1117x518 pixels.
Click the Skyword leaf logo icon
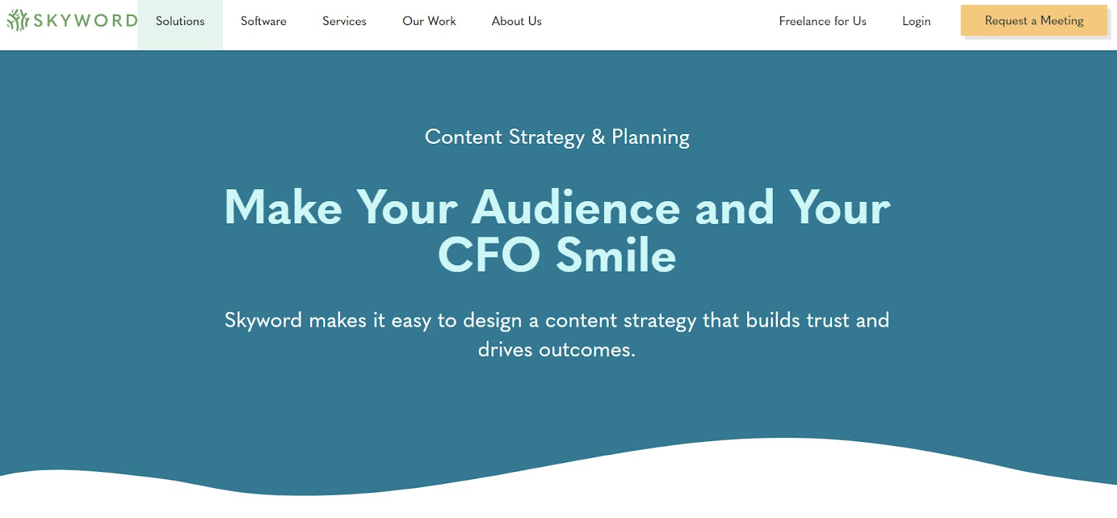18,20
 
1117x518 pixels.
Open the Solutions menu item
180,21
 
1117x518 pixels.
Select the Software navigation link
263,21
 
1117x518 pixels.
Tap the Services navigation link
344,21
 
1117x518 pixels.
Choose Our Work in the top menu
429,21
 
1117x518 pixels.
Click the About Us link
517,21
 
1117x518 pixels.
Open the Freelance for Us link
822,21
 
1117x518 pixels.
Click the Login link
916,22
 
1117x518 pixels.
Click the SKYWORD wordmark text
85,20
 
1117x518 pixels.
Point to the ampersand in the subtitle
598,137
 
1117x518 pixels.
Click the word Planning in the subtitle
650,138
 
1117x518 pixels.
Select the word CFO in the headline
489,254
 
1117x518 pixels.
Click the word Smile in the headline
616,254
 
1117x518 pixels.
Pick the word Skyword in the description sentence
262,320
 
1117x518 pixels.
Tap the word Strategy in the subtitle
547,138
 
